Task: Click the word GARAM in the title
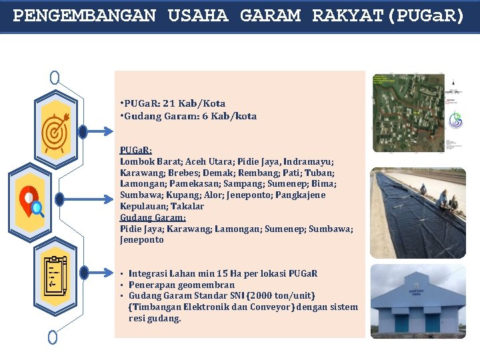[x=269, y=15]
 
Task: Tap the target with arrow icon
[x=55, y=132]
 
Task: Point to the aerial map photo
[x=418, y=113]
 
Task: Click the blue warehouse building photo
[x=418, y=301]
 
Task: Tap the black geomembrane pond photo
[x=418, y=213]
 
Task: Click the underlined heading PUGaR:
[x=136, y=150]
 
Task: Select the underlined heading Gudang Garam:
[x=153, y=217]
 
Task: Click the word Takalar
[x=189, y=207]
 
